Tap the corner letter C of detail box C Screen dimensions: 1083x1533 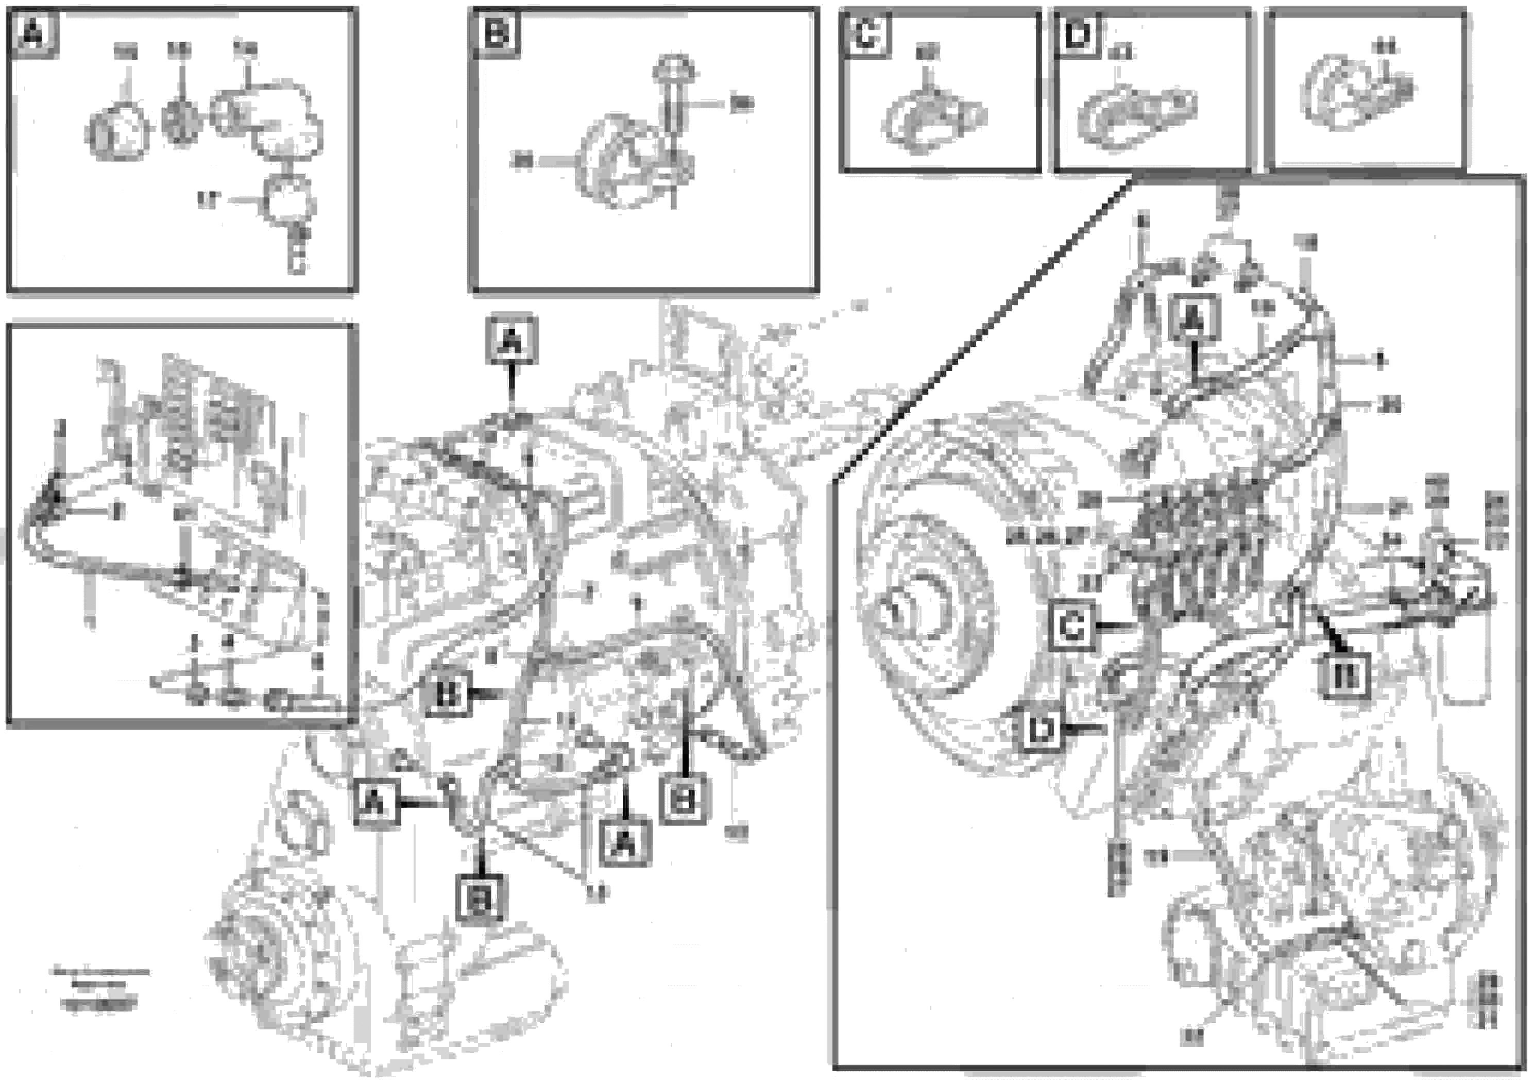click(866, 34)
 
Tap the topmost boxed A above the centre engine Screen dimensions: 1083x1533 click(511, 341)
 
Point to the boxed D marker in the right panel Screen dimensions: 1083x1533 click(1040, 730)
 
